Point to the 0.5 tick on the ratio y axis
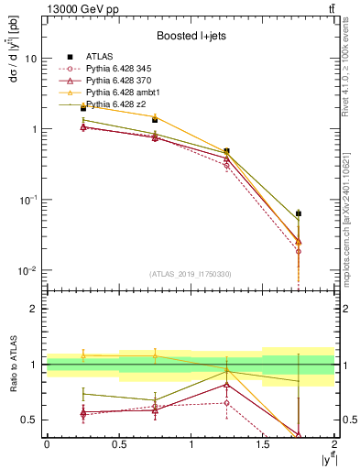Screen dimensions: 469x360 coord(30,420)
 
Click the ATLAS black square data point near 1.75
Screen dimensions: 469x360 coord(299,213)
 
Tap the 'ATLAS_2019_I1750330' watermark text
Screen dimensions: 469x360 coord(191,274)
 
